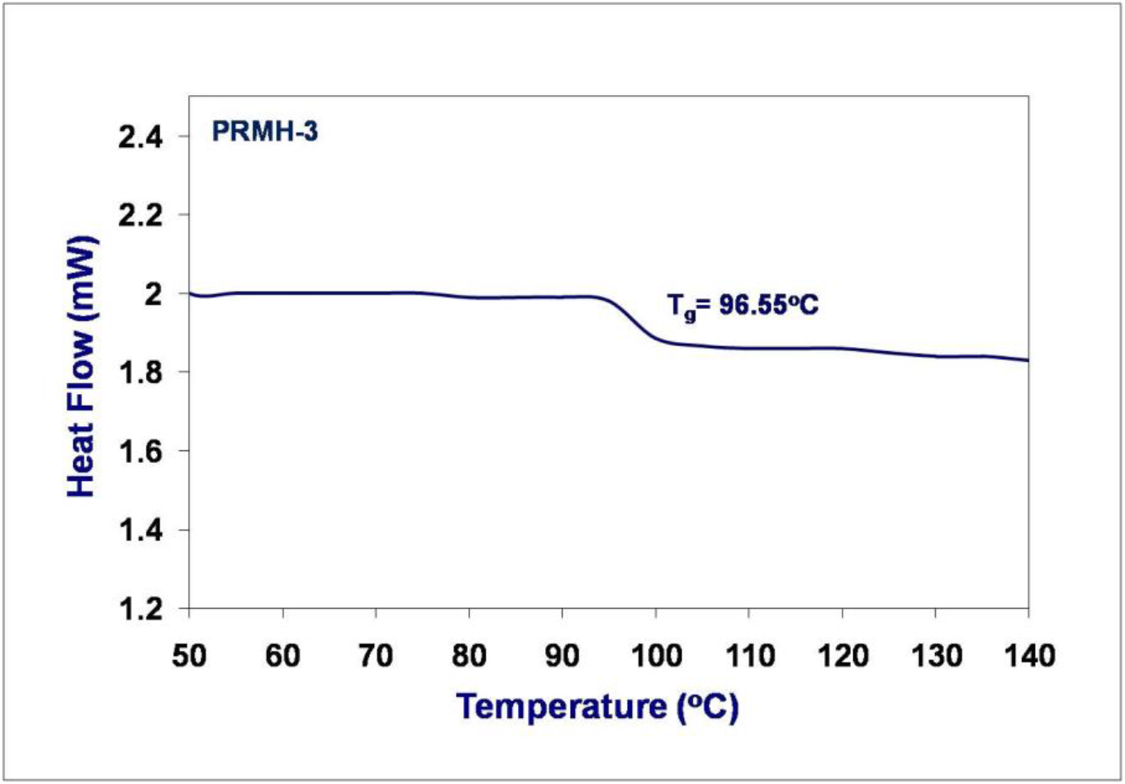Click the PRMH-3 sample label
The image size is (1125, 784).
click(264, 131)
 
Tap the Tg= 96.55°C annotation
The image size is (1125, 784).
click(743, 306)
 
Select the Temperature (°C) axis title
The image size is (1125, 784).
click(597, 707)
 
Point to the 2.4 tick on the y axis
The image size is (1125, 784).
click(141, 136)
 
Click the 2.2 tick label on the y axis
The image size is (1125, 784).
click(141, 215)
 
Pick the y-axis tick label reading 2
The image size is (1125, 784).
click(154, 294)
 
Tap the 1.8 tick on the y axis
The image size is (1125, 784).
click(141, 373)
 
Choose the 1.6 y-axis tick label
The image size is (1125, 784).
click(141, 452)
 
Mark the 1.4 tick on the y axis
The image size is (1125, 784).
click(141, 530)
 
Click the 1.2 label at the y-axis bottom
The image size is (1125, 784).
click(141, 610)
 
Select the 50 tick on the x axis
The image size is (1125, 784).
click(189, 656)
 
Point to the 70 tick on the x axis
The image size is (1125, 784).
click(376, 656)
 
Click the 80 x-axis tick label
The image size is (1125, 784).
click(469, 656)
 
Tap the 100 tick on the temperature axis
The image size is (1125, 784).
click(656, 656)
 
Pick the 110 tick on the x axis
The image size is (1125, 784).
click(749, 656)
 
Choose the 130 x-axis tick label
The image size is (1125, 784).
click(936, 656)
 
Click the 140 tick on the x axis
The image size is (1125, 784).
click(1029, 656)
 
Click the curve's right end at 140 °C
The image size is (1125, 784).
click(1027, 360)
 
